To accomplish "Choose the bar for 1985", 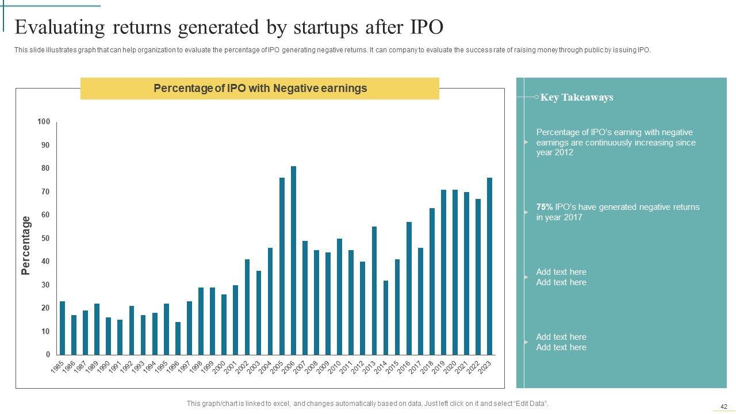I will coord(62,328).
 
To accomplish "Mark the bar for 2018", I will coord(432,281).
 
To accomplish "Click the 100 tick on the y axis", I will coord(44,122).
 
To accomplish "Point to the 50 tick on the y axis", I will coord(45,238).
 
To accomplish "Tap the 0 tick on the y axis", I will coord(48,355).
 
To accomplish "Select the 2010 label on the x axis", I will coord(334,368).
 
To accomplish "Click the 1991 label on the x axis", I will coord(114,368).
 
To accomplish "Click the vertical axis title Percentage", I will coord(26,246).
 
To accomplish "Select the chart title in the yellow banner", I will coord(260,89).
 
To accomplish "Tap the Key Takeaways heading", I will coord(576,97).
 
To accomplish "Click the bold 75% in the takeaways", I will coord(544,207).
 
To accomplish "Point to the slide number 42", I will coord(724,407).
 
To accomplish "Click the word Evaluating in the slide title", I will coord(60,27).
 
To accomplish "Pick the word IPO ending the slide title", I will coord(426,27).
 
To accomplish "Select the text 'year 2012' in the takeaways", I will coord(554,153).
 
